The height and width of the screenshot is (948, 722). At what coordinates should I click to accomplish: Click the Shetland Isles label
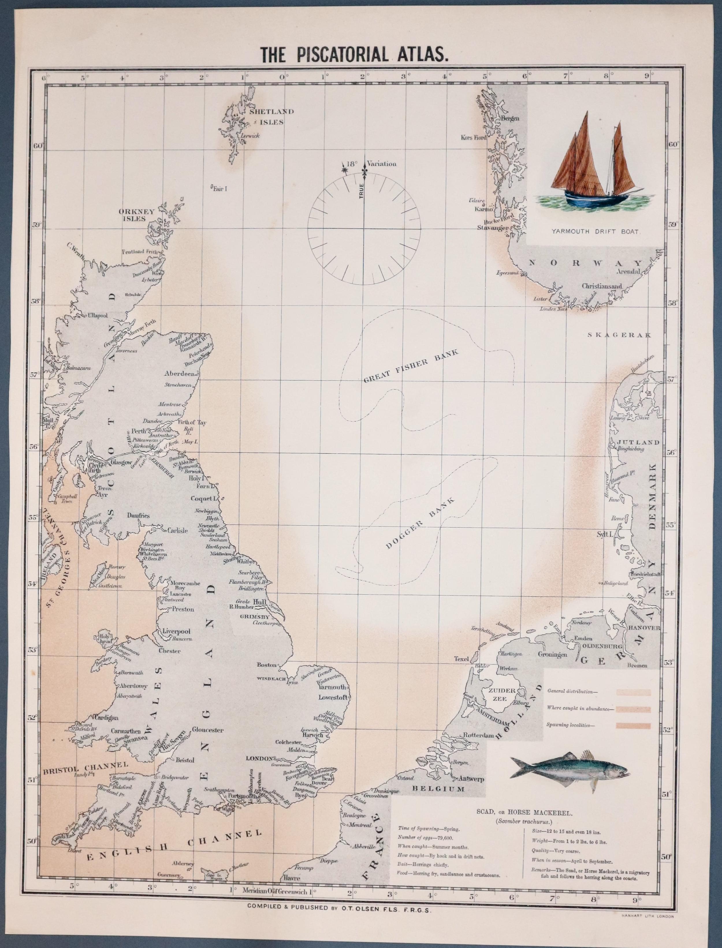pyautogui.click(x=271, y=116)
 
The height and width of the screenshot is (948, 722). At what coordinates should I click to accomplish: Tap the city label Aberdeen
pyautogui.click(x=180, y=373)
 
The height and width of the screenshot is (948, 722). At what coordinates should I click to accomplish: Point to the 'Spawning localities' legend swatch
pyautogui.click(x=633, y=725)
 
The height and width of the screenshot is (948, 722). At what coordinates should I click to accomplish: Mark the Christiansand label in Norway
pyautogui.click(x=602, y=286)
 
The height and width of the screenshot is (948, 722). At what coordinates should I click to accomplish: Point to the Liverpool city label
pyautogui.click(x=176, y=631)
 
